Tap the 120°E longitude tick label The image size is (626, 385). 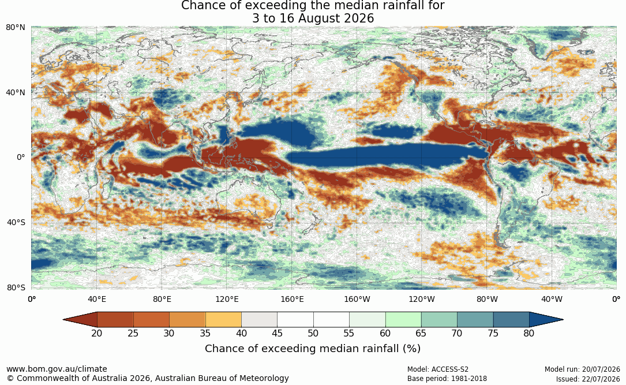(227, 299)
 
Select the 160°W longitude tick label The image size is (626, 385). (357, 299)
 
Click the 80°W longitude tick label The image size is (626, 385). (487, 299)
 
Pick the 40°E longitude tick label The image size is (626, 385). (97, 299)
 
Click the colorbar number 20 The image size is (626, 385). (96, 333)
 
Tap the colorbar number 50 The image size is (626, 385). (313, 333)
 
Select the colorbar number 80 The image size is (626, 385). (529, 333)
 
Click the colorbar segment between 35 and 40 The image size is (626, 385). (223, 320)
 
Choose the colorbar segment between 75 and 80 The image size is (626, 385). (511, 320)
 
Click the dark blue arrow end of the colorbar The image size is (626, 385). (543, 320)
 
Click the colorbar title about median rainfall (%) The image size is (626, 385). (313, 349)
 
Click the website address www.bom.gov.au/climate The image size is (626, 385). (57, 369)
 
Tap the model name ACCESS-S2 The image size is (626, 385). (450, 369)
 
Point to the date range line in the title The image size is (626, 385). (313, 18)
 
